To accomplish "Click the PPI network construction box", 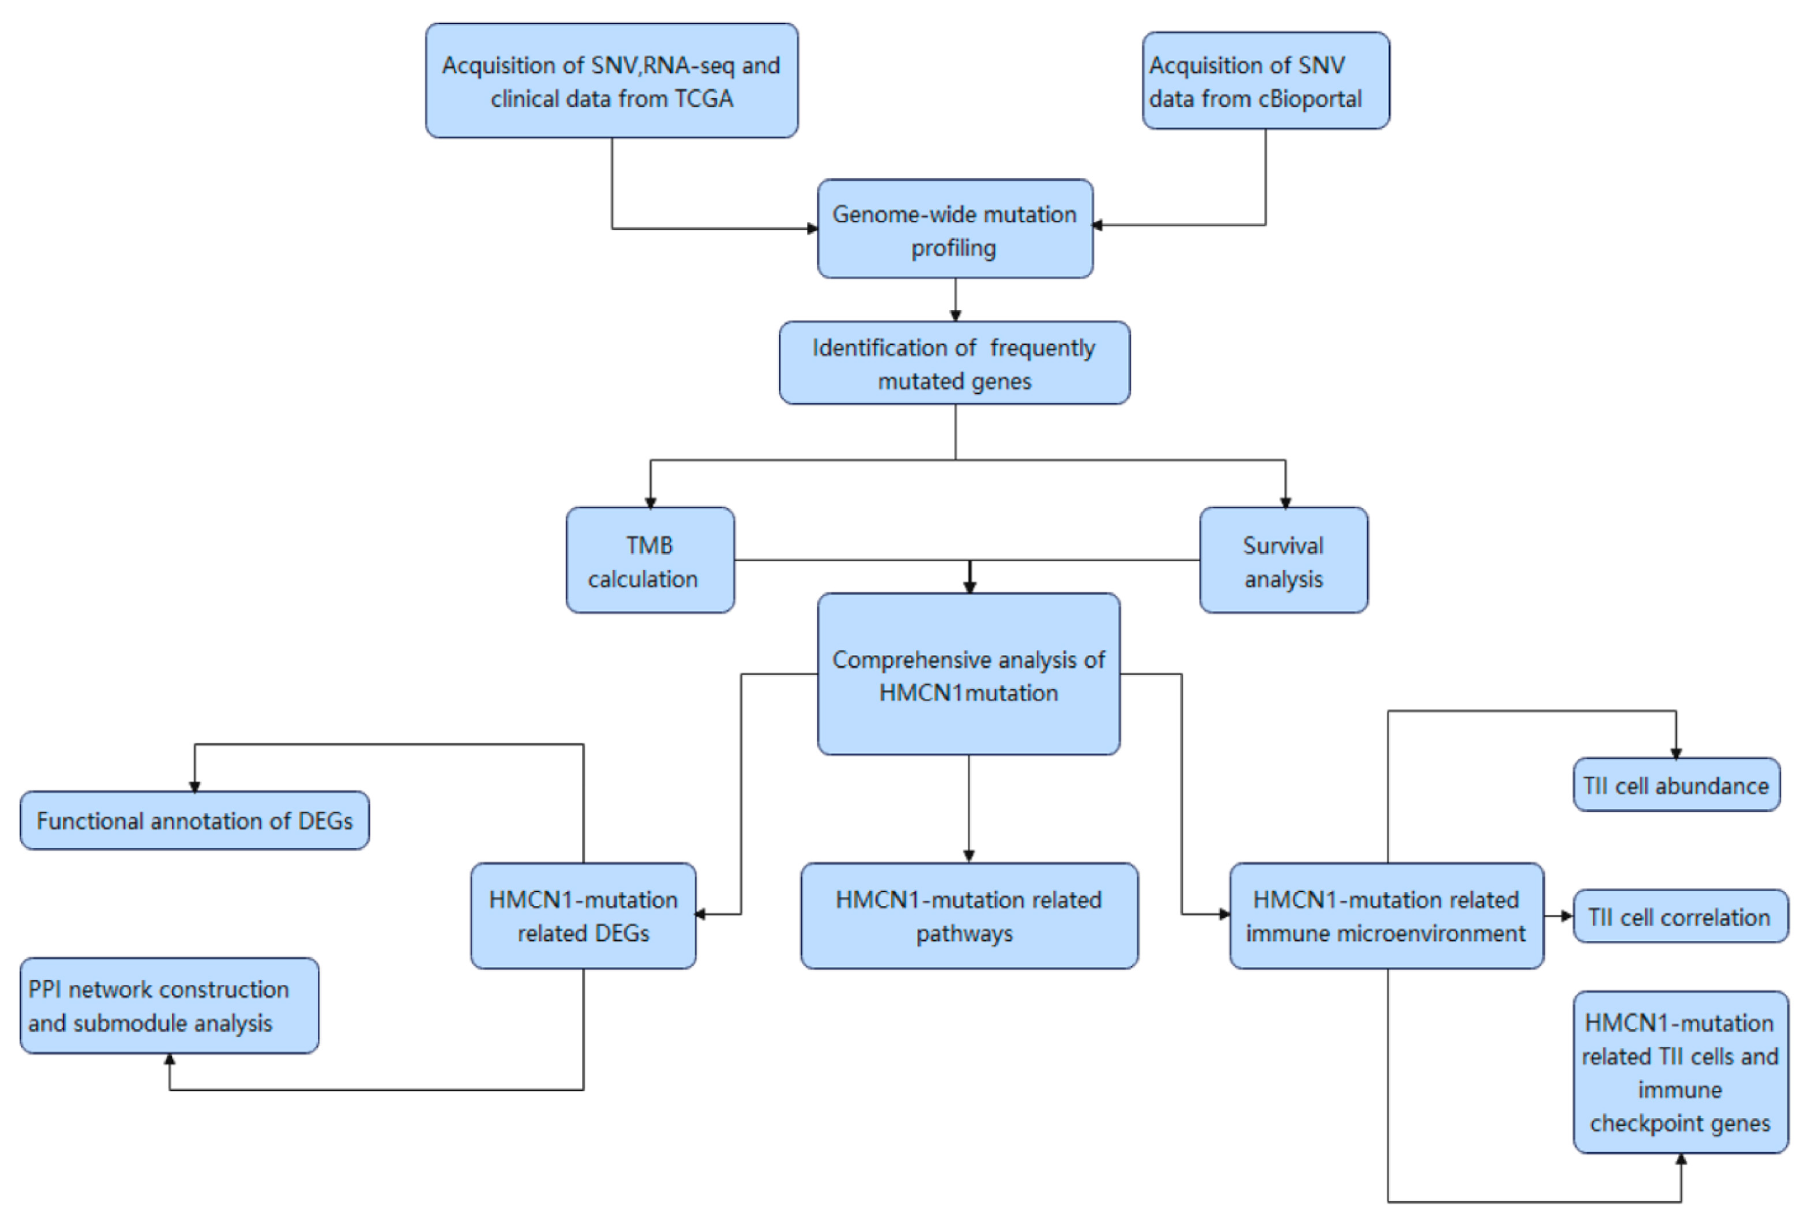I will click(x=169, y=1006).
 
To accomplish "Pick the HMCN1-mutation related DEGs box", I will click(x=583, y=916).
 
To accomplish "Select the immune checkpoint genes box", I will click(x=1680, y=1072).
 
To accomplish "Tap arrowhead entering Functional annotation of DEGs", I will click(x=195, y=787).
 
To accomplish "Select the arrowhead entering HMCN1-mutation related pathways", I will click(x=969, y=856).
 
